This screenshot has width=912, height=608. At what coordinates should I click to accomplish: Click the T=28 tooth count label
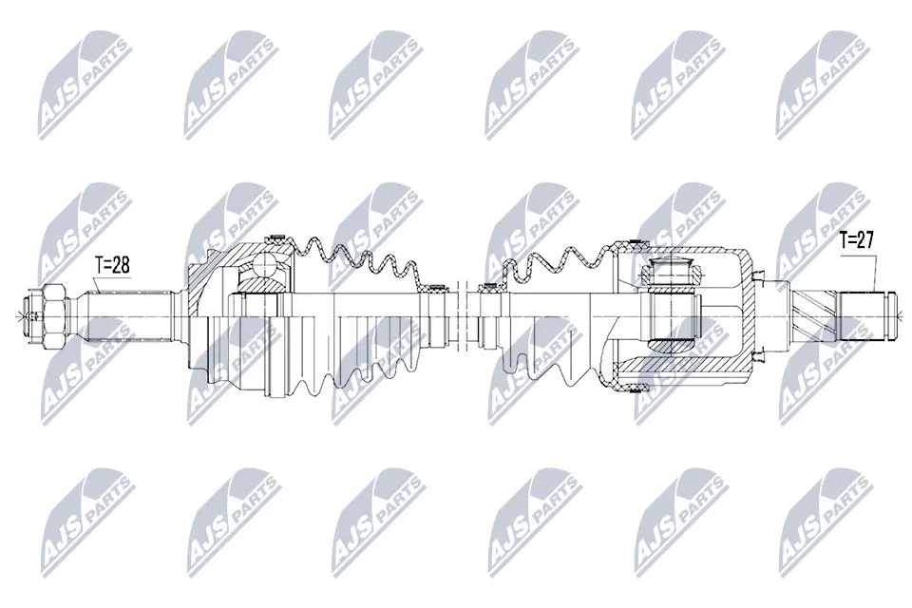[x=113, y=265]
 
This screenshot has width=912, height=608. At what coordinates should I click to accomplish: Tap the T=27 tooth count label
[x=857, y=239]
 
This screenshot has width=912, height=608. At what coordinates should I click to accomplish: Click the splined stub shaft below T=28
[x=129, y=316]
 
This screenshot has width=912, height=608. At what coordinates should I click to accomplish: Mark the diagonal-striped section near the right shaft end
[x=813, y=316]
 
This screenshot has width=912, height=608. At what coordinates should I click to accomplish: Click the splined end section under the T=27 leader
[x=862, y=316]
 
